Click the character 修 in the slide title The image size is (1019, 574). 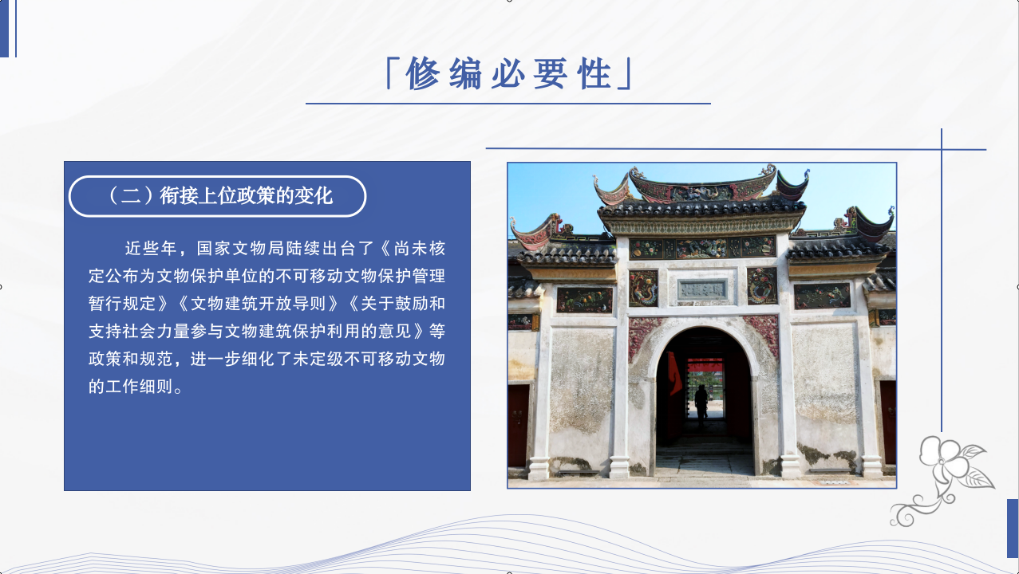(x=423, y=73)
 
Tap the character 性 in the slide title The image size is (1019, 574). (x=594, y=73)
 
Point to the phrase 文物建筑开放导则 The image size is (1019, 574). (x=258, y=304)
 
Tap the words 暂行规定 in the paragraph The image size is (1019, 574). (x=122, y=304)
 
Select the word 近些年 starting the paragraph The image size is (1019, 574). (x=151, y=248)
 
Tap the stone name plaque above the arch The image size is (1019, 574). (x=702, y=289)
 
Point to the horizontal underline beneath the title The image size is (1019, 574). (x=508, y=104)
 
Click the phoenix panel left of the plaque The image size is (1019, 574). (x=643, y=288)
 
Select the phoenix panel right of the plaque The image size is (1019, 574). (x=762, y=285)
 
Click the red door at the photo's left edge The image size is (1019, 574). (x=519, y=426)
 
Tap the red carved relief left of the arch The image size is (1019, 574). (x=641, y=336)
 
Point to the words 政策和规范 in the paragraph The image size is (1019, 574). (x=131, y=359)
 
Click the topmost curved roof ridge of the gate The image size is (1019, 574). (x=702, y=184)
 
